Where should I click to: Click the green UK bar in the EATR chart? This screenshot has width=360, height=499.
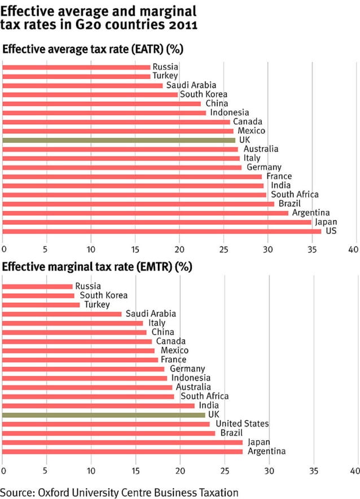click(118, 140)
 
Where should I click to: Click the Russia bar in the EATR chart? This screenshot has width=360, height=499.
click(76, 67)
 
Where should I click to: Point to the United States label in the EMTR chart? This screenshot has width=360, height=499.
click(242, 424)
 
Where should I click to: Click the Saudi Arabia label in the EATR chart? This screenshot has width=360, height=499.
click(191, 85)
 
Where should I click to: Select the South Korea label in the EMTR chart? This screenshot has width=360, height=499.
click(103, 295)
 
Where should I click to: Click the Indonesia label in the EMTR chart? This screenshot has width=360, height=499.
click(191, 378)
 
